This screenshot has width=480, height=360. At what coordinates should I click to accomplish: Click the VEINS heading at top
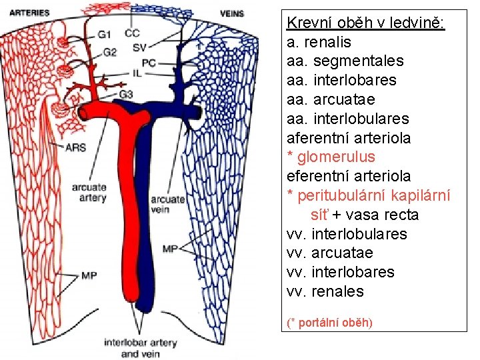pyautogui.click(x=231, y=13)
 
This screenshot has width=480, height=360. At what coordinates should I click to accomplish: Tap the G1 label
pyautogui.click(x=104, y=35)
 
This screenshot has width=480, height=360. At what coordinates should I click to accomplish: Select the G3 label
pyautogui.click(x=125, y=94)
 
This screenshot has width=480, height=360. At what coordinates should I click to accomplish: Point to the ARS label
pyautogui.click(x=76, y=147)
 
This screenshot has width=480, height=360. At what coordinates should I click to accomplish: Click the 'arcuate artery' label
pyautogui.click(x=89, y=192)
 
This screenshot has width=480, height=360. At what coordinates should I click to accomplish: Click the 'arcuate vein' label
pyautogui.click(x=167, y=204)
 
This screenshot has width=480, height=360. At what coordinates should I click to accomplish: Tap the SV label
pyautogui.click(x=139, y=47)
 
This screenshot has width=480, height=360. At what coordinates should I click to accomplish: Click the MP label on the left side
pyautogui.click(x=90, y=275)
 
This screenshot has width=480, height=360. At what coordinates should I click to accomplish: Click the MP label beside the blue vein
pyautogui.click(x=170, y=249)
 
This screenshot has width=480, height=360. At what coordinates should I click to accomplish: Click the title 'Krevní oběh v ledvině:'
pyautogui.click(x=366, y=23)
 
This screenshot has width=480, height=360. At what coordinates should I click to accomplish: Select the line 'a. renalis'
pyautogui.click(x=319, y=42)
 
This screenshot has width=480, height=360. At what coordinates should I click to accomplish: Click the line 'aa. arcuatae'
pyautogui.click(x=331, y=99)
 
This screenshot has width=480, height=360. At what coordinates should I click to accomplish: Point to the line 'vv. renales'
pyautogui.click(x=325, y=291)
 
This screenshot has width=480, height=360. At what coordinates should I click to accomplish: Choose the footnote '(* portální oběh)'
pyautogui.click(x=329, y=323)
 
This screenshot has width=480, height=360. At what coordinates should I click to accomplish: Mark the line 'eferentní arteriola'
pyautogui.click(x=348, y=176)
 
